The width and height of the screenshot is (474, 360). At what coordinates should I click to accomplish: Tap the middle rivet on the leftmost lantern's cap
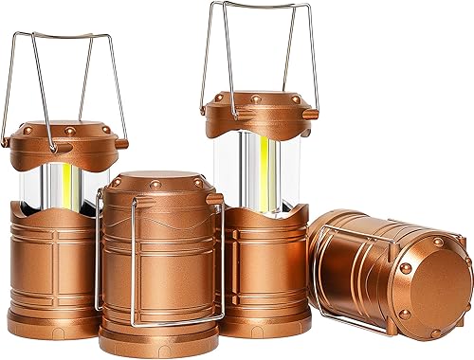point(67,126)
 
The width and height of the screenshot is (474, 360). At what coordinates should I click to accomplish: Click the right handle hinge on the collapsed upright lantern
point(215,199)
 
